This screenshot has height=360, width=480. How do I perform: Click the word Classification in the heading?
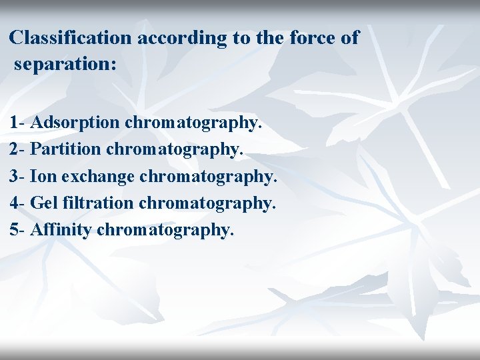click(71, 38)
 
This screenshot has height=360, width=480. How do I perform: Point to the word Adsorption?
click(75, 123)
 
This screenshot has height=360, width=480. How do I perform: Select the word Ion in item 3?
click(41, 177)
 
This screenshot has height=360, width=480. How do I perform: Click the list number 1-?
click(18, 123)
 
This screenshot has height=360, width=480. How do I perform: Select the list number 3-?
click(18, 177)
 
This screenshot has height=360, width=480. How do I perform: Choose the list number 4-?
click(18, 203)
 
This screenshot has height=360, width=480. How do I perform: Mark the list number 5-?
click(18, 230)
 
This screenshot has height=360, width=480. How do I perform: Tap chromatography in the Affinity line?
click(165, 231)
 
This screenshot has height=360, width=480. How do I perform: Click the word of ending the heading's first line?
click(350, 38)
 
